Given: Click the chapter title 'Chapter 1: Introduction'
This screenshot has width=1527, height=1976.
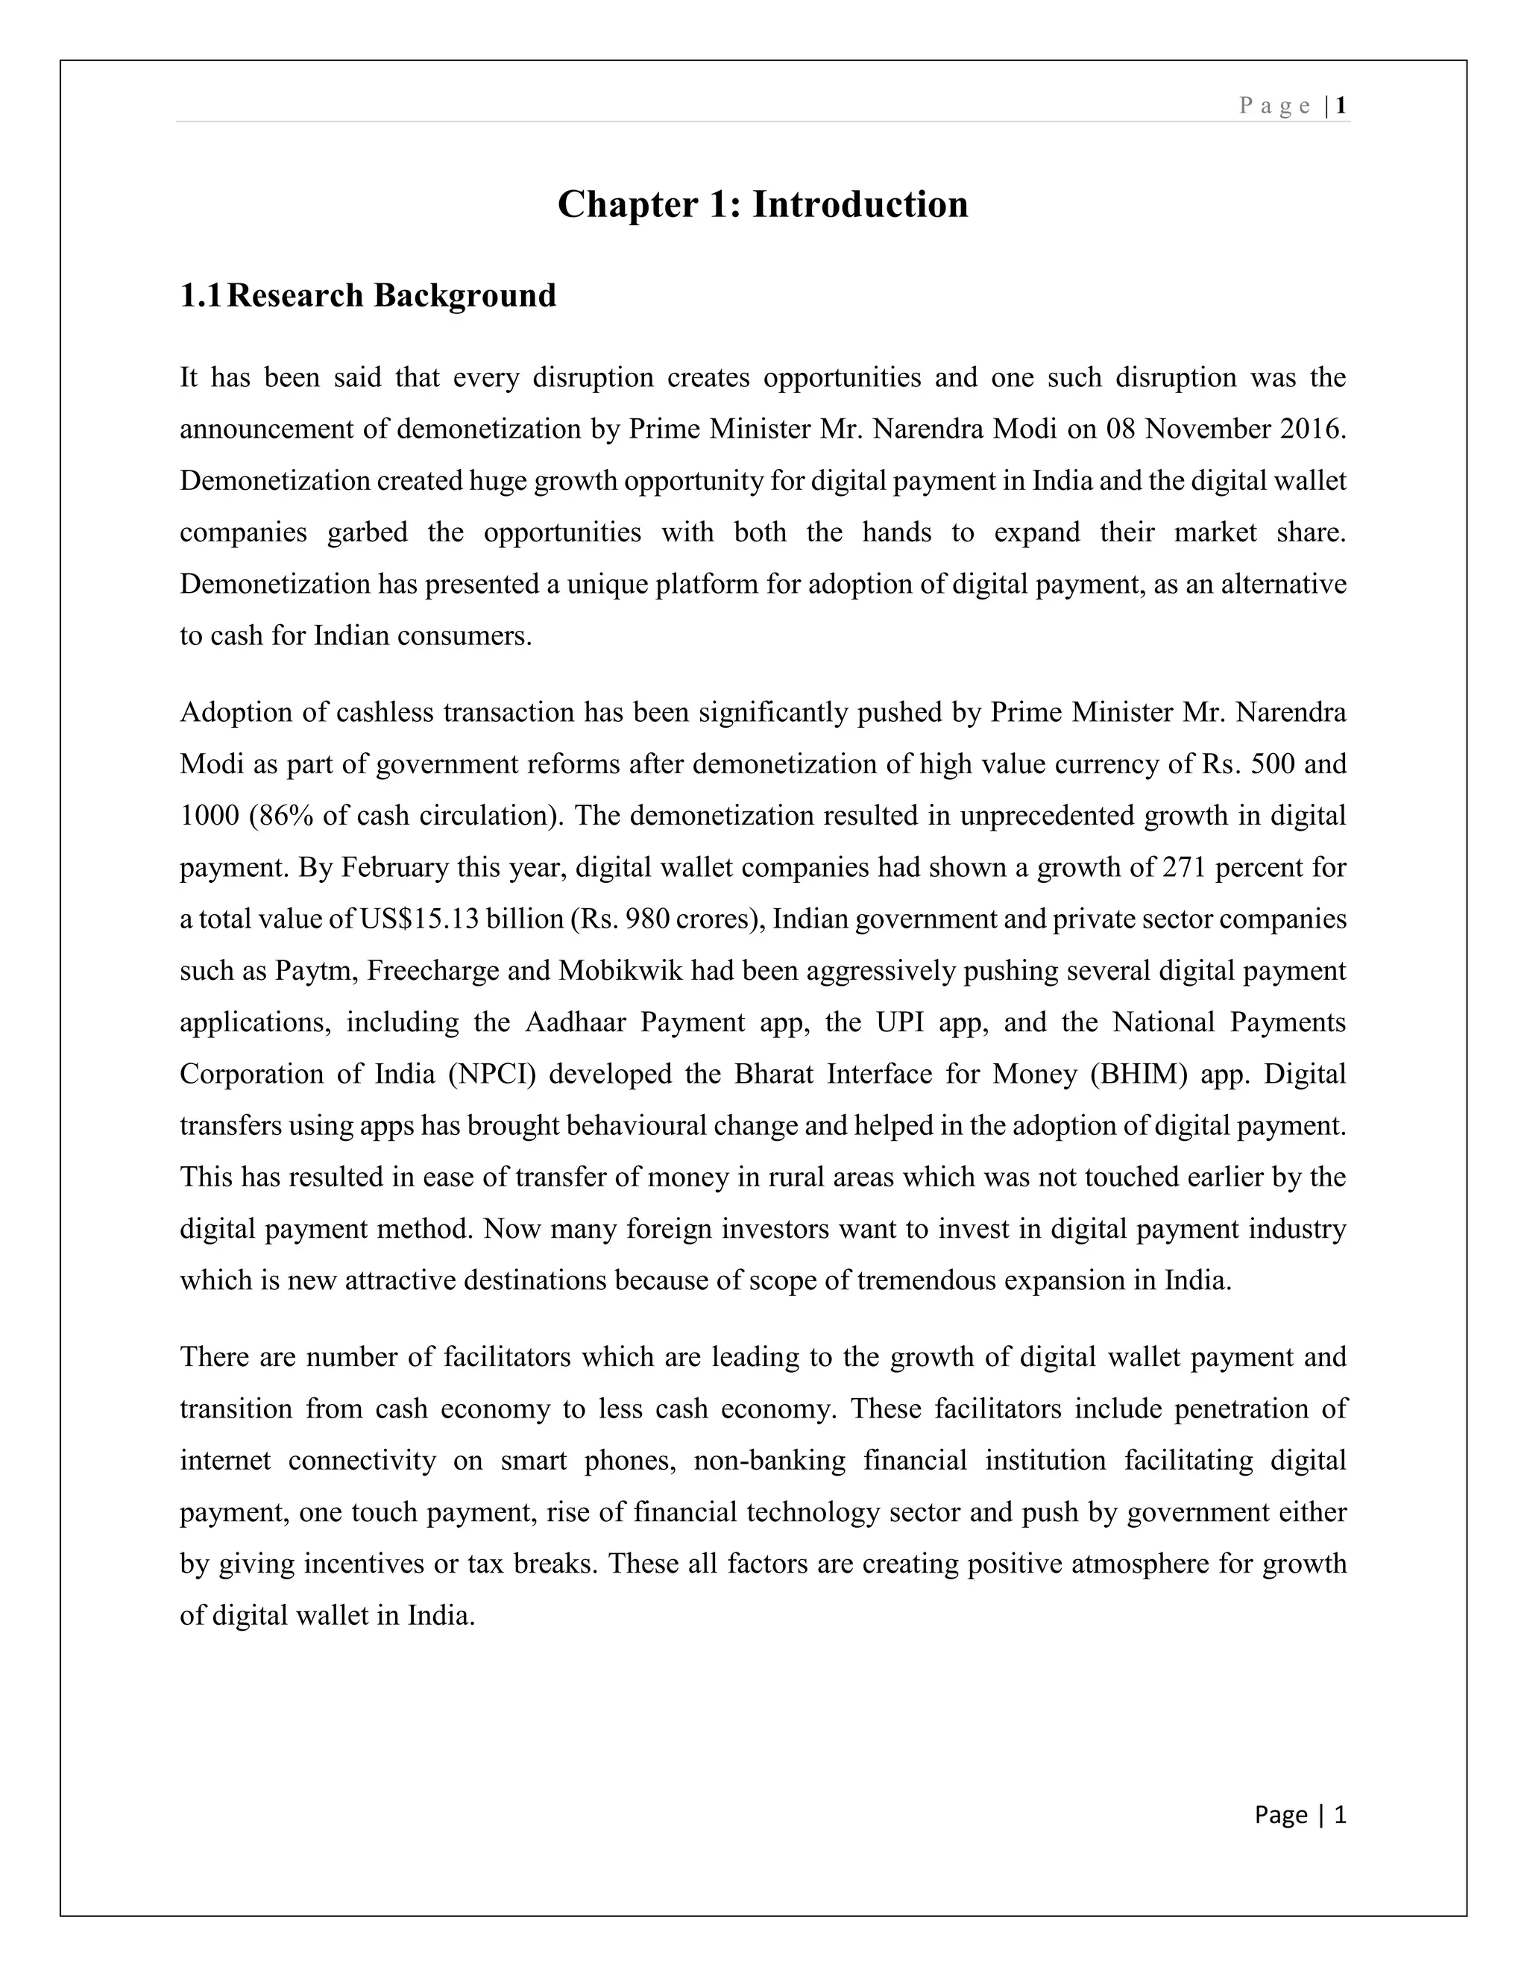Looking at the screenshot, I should [x=763, y=204].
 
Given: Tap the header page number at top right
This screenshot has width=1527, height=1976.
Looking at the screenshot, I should [x=1341, y=106].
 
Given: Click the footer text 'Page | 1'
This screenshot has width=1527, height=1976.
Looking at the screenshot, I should [x=1300, y=1814].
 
